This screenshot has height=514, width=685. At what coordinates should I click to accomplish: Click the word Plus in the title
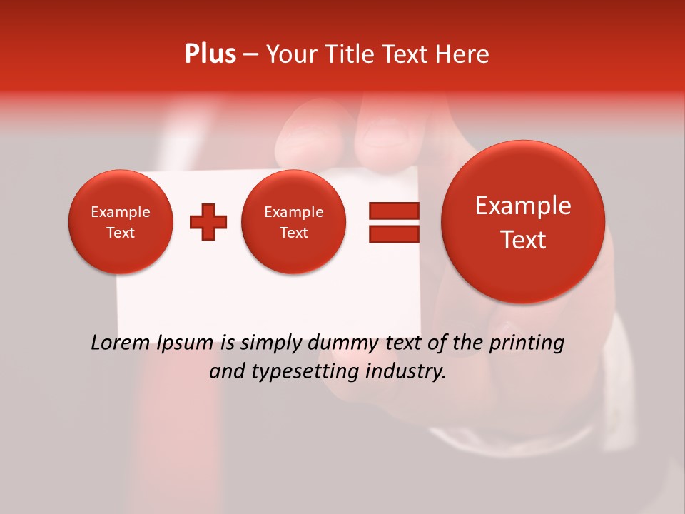[x=210, y=54]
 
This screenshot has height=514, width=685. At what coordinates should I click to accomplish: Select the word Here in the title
[x=464, y=54]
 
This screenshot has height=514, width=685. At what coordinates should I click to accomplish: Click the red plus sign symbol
[x=208, y=222]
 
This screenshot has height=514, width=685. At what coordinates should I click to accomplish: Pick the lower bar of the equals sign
[x=394, y=234]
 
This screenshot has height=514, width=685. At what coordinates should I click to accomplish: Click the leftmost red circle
[x=120, y=222]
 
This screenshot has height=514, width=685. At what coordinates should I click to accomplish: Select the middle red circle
[x=293, y=222]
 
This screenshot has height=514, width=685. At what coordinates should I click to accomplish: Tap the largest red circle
[x=523, y=222]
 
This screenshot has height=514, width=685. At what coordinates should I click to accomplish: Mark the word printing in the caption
[x=527, y=343]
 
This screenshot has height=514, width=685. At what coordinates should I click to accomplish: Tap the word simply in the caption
[x=270, y=343]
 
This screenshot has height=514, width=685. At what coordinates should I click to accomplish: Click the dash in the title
[x=250, y=55]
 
